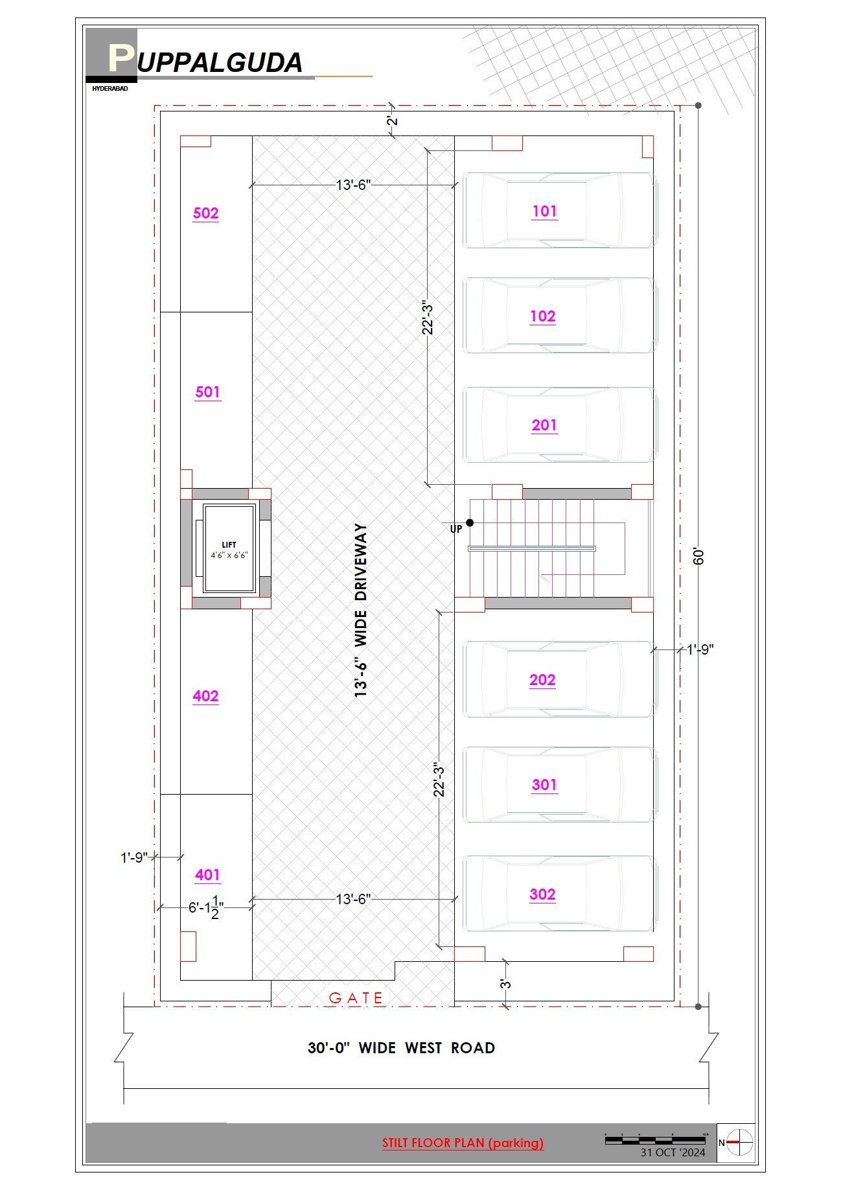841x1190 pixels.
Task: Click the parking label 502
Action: click(206, 213)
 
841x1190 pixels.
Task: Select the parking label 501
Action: click(208, 392)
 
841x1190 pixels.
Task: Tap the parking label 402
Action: click(206, 696)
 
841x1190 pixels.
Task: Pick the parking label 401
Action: click(208, 875)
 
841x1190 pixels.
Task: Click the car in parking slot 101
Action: click(559, 211)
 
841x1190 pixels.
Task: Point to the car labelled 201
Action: click(559, 425)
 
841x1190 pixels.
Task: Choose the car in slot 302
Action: click(559, 894)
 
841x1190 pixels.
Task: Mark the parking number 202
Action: click(542, 680)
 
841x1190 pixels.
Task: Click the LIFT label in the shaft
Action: click(229, 545)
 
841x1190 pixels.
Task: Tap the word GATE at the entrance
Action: click(356, 998)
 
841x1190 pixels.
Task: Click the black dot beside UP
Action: click(470, 522)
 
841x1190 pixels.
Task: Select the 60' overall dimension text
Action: click(698, 556)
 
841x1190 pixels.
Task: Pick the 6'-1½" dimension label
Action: click(206, 907)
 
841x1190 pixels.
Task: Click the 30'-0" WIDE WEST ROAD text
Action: click(401, 1048)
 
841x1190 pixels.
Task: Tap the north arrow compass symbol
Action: click(739, 1142)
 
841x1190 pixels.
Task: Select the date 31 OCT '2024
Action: click(673, 1152)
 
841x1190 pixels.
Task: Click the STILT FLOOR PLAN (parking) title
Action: click(463, 1143)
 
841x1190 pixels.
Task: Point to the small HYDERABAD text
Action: click(110, 88)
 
